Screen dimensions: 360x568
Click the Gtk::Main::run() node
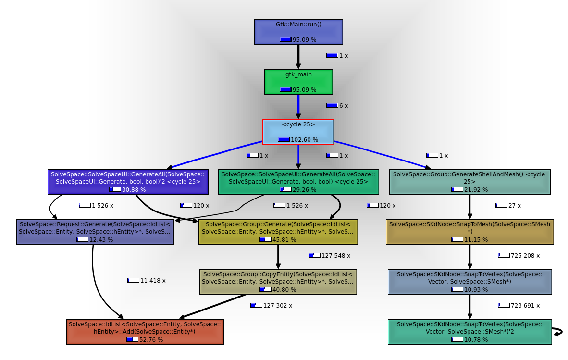298,32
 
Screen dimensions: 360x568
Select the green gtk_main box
298,82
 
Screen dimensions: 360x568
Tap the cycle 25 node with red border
298,132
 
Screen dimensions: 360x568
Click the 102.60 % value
304,139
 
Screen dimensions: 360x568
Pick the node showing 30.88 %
128,182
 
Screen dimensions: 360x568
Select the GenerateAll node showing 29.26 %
298,182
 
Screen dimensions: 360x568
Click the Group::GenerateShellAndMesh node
469,182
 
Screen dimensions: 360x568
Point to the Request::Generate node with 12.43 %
95,232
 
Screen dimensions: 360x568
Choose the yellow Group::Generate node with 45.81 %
278,232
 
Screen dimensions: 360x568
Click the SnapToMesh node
469,232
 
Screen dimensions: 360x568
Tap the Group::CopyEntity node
278,282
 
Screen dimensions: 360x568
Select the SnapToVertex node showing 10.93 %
469,282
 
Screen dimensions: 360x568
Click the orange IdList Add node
145,332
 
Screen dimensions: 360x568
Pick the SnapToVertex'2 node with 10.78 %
469,332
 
